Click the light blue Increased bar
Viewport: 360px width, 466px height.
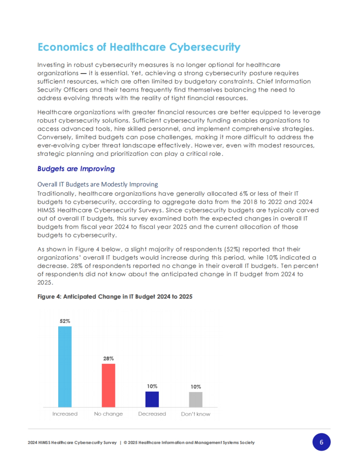coord(65,367)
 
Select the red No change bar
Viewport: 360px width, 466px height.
coord(108,385)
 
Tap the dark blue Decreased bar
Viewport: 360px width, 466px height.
coord(152,399)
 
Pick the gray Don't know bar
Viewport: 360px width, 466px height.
coord(196,399)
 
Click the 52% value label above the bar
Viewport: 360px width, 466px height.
coord(65,321)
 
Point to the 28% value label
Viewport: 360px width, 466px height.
coord(108,358)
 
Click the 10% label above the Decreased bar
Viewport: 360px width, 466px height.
coord(152,386)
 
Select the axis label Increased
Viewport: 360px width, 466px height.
coord(65,414)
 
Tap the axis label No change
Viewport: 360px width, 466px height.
coord(108,414)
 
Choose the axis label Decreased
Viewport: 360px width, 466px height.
coord(152,414)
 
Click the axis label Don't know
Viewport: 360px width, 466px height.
coord(196,414)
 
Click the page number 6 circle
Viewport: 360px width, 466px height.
coord(321,442)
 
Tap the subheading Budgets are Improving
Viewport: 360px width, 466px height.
coord(76,169)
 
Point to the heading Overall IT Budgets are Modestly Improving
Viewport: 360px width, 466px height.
coord(97,184)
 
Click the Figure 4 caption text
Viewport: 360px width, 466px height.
coord(115,297)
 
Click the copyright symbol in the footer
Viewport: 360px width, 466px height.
coord(125,443)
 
